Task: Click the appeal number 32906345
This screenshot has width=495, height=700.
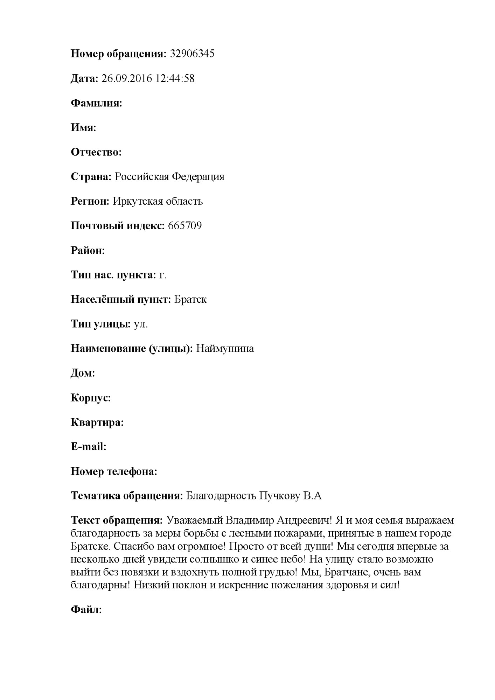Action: pyautogui.click(x=192, y=54)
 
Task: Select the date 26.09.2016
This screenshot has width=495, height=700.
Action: pyautogui.click(x=126, y=78)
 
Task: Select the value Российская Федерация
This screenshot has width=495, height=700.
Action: pyautogui.click(x=169, y=177)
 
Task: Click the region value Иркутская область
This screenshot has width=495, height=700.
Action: pyautogui.click(x=158, y=201)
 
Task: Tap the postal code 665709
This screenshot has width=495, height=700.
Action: pyautogui.click(x=185, y=226)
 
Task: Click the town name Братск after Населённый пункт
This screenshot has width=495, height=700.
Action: pyautogui.click(x=190, y=300)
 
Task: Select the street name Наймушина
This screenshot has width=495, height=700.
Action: pyautogui.click(x=225, y=349)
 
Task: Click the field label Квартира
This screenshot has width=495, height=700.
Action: pyautogui.click(x=97, y=422)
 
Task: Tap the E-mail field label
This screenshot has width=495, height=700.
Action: pyautogui.click(x=88, y=447)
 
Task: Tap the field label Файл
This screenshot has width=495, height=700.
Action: pyautogui.click(x=86, y=610)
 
